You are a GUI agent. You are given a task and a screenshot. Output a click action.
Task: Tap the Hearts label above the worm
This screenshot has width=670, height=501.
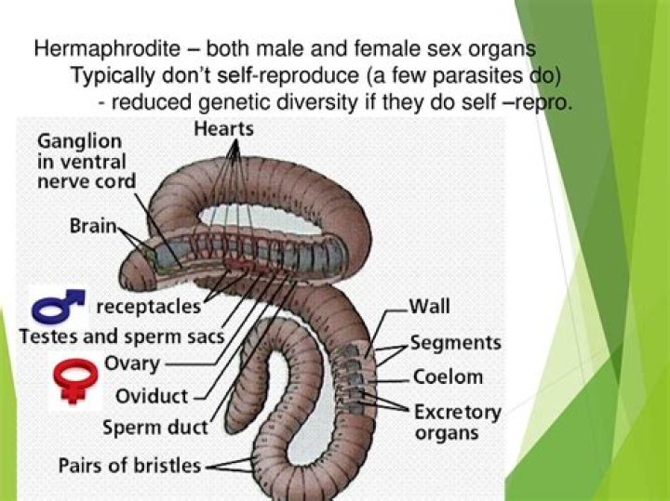[x=223, y=129]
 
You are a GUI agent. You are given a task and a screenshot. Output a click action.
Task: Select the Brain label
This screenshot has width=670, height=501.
[x=92, y=226]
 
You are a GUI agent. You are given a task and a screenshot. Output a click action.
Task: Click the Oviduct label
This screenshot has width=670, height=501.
[x=153, y=397]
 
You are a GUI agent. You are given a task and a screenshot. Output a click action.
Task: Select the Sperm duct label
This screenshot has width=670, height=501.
[x=155, y=428]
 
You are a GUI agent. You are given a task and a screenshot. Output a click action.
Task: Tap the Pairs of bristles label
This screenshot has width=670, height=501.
[x=129, y=464]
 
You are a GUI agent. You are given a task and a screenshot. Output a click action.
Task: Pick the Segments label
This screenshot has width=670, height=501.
[x=457, y=342]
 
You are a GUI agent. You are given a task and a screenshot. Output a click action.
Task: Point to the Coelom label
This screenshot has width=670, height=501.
[x=448, y=376]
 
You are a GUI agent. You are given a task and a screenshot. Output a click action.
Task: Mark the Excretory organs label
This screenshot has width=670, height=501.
[x=457, y=421]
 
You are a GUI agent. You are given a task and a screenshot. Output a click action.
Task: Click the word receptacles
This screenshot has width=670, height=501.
[x=148, y=306]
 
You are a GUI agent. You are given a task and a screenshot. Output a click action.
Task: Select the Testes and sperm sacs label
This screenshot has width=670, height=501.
[x=122, y=336]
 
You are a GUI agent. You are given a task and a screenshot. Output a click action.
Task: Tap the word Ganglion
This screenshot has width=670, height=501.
[x=79, y=142]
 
